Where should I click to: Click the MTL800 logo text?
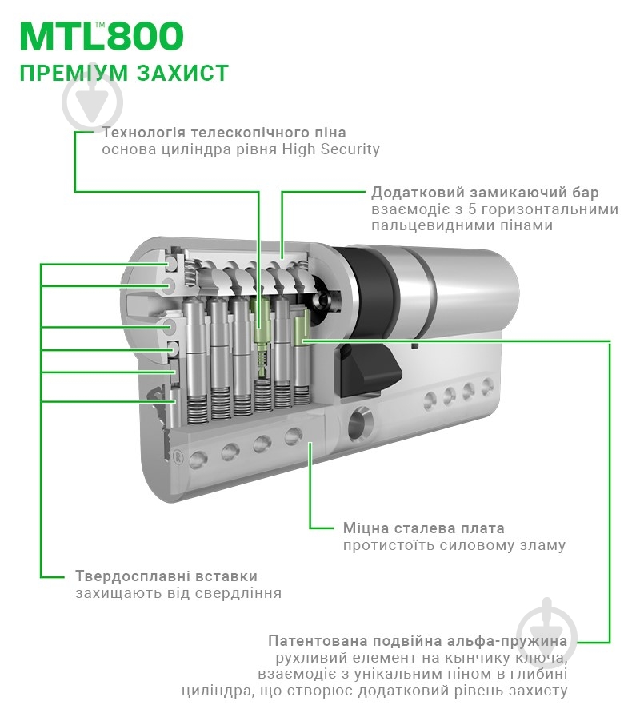pos(101,36)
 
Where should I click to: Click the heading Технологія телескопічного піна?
pos(223,133)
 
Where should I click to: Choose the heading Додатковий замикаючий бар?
pos(485,193)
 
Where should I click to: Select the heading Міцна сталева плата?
pos(423,528)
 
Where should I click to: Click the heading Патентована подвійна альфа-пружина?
pos(418,641)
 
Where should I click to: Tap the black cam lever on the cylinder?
pos(368,372)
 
